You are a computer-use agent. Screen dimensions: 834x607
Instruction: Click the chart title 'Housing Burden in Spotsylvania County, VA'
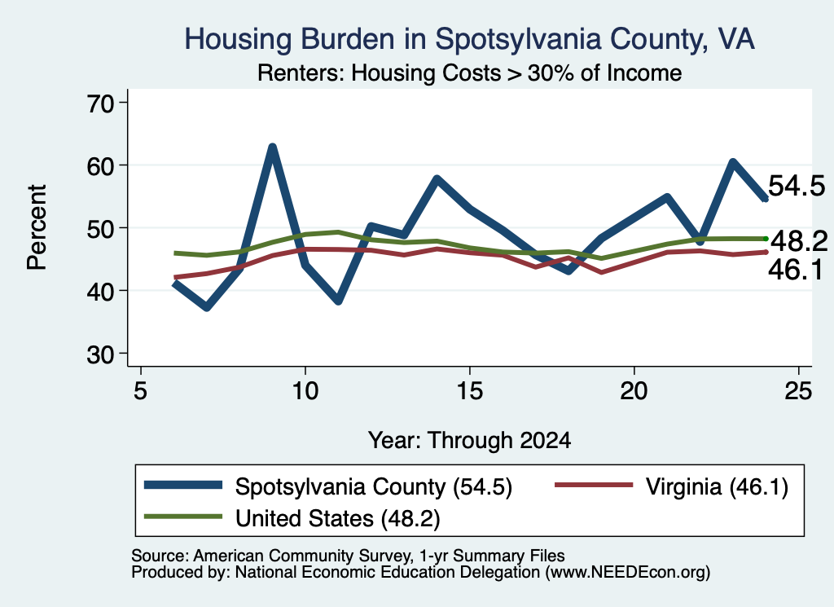[469, 39]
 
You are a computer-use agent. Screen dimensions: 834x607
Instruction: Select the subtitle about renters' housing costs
[469, 73]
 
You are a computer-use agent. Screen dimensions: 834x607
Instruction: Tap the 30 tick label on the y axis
[100, 354]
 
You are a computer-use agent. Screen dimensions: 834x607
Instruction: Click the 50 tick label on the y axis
[100, 228]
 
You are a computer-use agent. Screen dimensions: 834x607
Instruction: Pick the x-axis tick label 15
[470, 391]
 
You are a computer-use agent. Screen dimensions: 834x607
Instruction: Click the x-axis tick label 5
[140, 391]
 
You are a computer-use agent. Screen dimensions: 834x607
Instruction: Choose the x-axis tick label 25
[798, 391]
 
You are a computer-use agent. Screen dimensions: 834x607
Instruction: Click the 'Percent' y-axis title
[37, 227]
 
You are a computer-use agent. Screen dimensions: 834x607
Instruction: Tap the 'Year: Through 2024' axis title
[469, 441]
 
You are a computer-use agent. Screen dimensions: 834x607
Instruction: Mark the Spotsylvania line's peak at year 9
[272, 147]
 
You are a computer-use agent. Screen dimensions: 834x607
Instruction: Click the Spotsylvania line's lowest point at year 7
[207, 307]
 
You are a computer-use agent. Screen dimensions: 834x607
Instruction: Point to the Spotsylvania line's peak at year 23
[733, 161]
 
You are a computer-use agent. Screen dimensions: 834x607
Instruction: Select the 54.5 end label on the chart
[797, 187]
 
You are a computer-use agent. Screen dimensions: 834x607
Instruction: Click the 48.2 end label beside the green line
[799, 241]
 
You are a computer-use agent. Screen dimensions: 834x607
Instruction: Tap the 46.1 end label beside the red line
[796, 270]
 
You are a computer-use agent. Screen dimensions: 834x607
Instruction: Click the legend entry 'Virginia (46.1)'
[717, 486]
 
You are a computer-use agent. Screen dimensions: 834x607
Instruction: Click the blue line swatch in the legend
[183, 485]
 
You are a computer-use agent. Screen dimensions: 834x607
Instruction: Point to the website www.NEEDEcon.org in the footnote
[628, 573]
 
